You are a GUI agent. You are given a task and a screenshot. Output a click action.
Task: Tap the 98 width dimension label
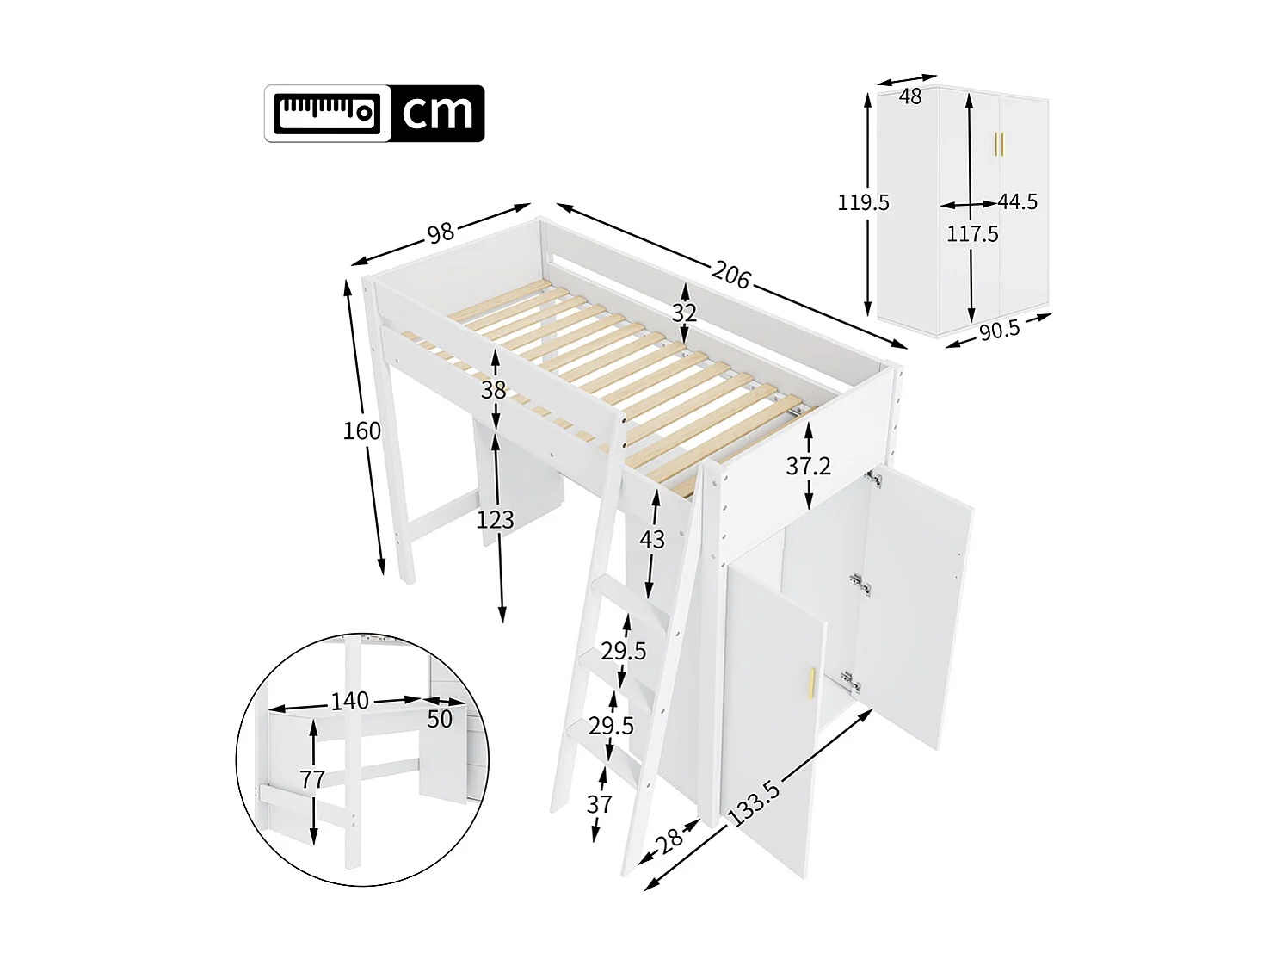pos(441,233)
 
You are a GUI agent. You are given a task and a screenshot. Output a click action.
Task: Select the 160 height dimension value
pos(361,430)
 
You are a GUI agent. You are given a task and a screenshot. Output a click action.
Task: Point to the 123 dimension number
pos(496,520)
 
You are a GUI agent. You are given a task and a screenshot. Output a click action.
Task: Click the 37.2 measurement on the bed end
pos(808,466)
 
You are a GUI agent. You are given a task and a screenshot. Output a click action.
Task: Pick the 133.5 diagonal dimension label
pos(755,802)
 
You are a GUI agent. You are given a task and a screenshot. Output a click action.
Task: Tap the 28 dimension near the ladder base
pos(670,838)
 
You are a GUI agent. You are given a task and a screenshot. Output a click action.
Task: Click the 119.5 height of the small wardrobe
pos(863,202)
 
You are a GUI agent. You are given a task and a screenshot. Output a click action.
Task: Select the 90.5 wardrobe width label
pos(999,329)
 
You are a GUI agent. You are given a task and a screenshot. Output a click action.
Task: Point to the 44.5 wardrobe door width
pos(1018,201)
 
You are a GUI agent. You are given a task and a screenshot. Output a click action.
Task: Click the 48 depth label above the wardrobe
pos(910,96)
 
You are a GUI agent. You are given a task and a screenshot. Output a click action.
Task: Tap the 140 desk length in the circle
pos(349,701)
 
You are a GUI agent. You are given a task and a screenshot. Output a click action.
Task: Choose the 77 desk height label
pos(312,779)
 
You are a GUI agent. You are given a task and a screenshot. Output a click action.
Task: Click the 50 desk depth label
pos(439,719)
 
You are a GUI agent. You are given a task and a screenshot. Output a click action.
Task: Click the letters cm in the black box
pos(438,113)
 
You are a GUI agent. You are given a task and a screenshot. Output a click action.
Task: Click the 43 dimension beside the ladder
pos(651,539)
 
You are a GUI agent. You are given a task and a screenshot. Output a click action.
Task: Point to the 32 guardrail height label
pos(684,313)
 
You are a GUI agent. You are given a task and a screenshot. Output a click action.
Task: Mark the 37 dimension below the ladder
pos(599,804)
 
